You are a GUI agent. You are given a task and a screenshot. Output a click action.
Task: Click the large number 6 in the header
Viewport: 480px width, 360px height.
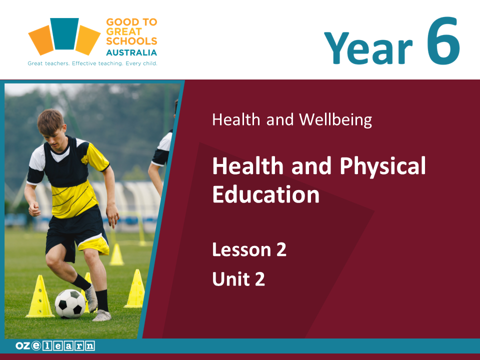coord(443,40)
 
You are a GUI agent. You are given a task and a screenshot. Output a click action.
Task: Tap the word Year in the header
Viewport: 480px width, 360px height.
coord(368,48)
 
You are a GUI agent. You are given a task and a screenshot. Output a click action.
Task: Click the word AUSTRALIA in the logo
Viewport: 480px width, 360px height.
coord(131,52)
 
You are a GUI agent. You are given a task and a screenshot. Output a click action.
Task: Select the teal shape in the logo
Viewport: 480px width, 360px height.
coord(64,33)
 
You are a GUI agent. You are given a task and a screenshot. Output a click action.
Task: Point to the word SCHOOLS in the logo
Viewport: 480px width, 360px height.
coord(131,41)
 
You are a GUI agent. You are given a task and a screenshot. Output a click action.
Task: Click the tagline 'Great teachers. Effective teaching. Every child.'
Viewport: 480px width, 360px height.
coord(92,63)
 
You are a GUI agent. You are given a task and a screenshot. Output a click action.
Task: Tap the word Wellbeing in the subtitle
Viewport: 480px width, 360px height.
coord(335,119)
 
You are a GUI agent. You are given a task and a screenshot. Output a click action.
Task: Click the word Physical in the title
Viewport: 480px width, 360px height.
coord(382,166)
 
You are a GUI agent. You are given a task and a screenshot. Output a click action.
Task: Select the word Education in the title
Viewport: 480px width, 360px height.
coord(265,194)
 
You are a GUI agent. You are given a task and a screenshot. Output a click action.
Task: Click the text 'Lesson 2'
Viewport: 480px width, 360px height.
coord(249,249)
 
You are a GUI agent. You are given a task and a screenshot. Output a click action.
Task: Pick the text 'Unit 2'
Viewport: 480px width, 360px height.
coord(238,279)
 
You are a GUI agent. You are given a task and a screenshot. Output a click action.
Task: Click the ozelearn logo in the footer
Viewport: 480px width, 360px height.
coord(55,345)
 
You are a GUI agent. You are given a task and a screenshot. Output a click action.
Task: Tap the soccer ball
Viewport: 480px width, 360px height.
coord(70,303)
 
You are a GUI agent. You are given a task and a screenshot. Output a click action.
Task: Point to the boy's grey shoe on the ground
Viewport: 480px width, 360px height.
coord(101,315)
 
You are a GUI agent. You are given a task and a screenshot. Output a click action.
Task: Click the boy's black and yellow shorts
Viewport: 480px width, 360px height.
coord(77,232)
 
